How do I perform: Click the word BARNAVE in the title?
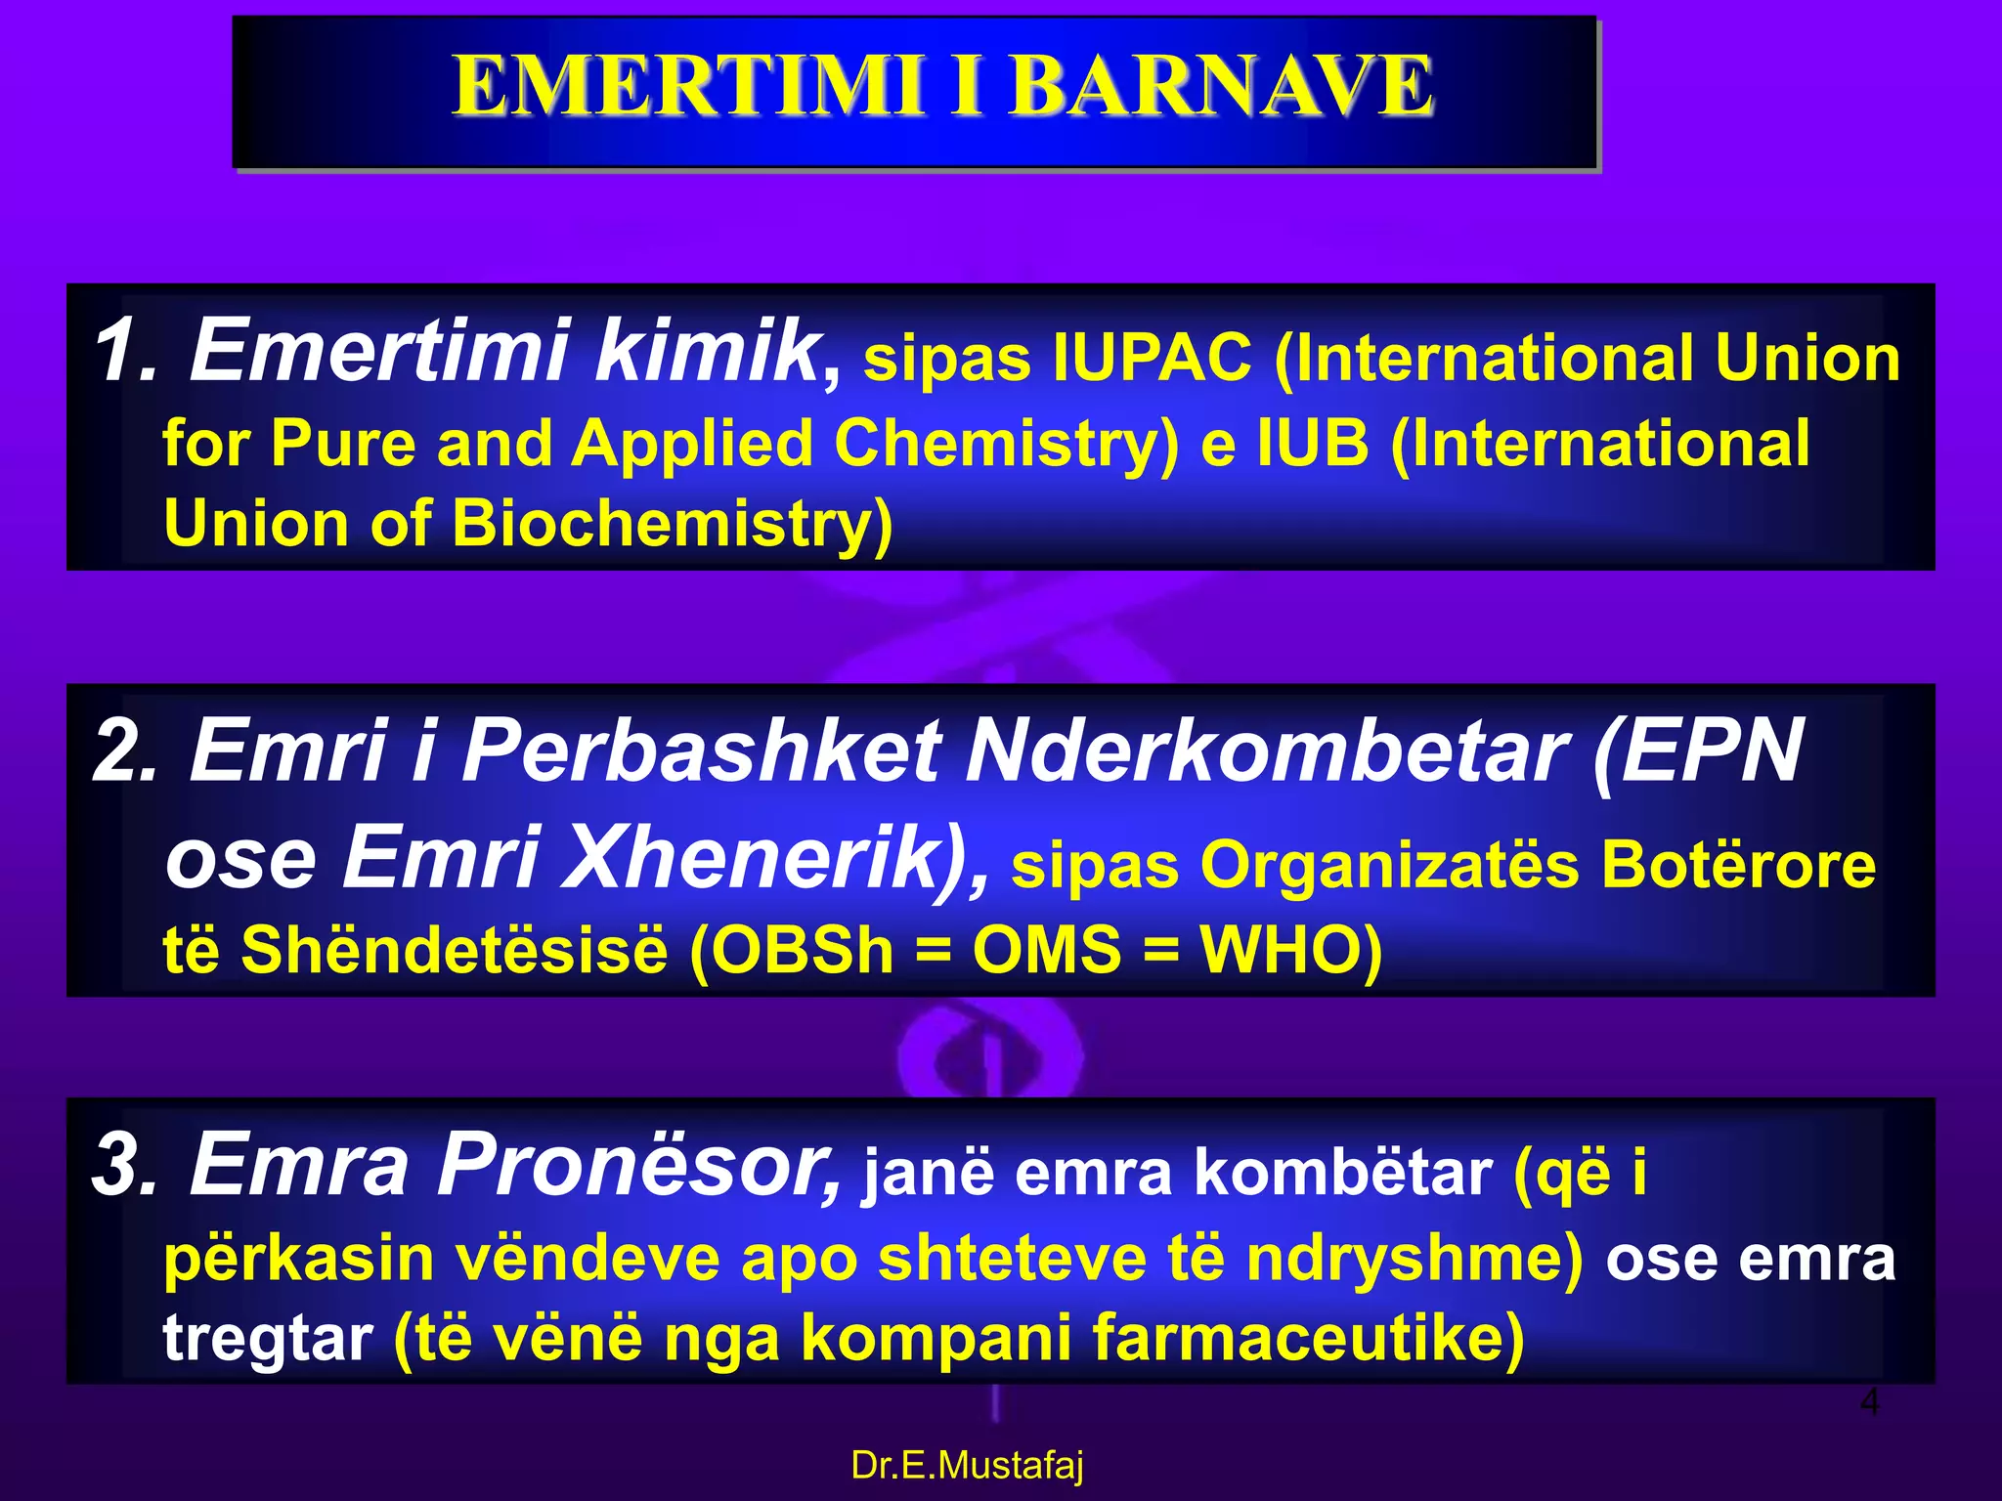coord(1222,86)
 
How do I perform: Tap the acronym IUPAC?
coord(1153,358)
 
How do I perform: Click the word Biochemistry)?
coord(673,524)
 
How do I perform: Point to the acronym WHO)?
coord(1290,950)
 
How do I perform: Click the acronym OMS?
coord(1046,950)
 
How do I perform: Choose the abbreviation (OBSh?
coord(792,950)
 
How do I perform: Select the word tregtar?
coord(267,1339)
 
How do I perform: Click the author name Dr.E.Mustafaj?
coord(967,1466)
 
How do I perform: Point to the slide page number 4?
coord(1868,1402)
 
